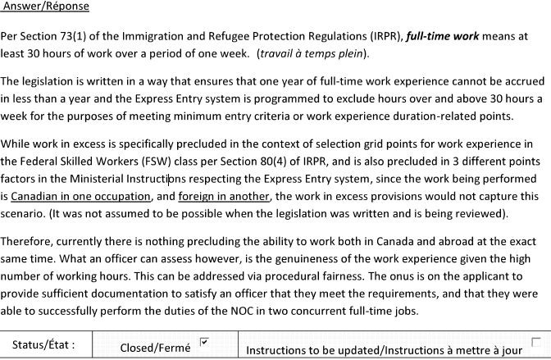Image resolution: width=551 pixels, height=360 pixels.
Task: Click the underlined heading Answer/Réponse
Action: click(x=47, y=7)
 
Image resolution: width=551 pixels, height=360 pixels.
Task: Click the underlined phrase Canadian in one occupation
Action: click(x=82, y=197)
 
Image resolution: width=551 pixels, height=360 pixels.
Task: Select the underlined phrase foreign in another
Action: click(x=223, y=197)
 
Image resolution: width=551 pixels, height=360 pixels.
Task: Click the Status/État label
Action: click(x=44, y=345)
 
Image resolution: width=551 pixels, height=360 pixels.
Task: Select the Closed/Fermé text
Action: click(x=155, y=348)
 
